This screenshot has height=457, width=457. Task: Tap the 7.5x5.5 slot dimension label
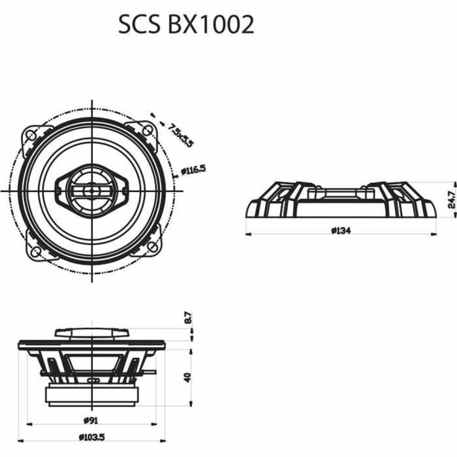point(180,135)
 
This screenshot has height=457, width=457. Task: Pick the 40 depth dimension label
point(187,377)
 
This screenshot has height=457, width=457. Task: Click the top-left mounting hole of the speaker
point(31,134)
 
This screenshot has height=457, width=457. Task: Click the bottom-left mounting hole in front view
point(35,251)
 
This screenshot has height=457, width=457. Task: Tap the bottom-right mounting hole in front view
point(152,248)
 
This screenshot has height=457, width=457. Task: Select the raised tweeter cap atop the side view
point(92,332)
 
